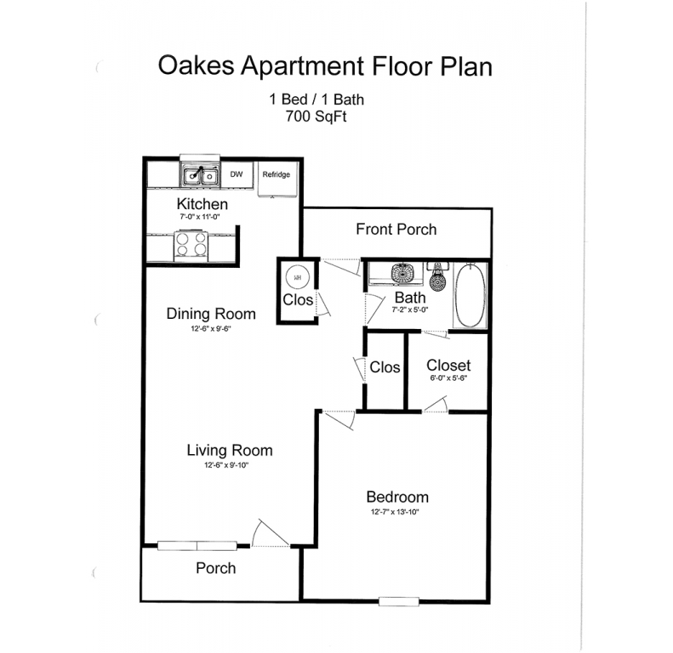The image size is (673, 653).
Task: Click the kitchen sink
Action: [x=200, y=174]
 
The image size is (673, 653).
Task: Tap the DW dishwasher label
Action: [x=237, y=174]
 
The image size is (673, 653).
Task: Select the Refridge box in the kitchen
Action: [x=277, y=179]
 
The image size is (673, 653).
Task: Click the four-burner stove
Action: [x=191, y=246]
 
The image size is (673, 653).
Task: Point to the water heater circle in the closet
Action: [x=298, y=277]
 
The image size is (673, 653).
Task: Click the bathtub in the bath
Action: [x=470, y=296]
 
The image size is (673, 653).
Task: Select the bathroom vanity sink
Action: [x=402, y=273]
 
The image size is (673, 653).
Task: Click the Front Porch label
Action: [x=396, y=229]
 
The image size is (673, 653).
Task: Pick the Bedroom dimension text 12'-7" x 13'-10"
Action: [x=395, y=511]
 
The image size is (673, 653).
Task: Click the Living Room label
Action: [x=230, y=450]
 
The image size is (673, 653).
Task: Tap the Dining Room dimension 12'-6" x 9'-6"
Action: [x=211, y=329]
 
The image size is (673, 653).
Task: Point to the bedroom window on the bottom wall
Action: [x=399, y=601]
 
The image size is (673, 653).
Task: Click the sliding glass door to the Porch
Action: [x=197, y=546]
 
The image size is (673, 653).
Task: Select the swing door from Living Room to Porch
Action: [x=271, y=533]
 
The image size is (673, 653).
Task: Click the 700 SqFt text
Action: [x=316, y=116]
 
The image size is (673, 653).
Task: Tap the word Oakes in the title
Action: [x=197, y=65]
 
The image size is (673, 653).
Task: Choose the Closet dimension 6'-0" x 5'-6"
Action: [x=448, y=378]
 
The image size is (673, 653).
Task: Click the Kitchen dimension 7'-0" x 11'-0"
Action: [x=200, y=217]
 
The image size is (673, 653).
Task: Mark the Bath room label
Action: [x=410, y=298]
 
